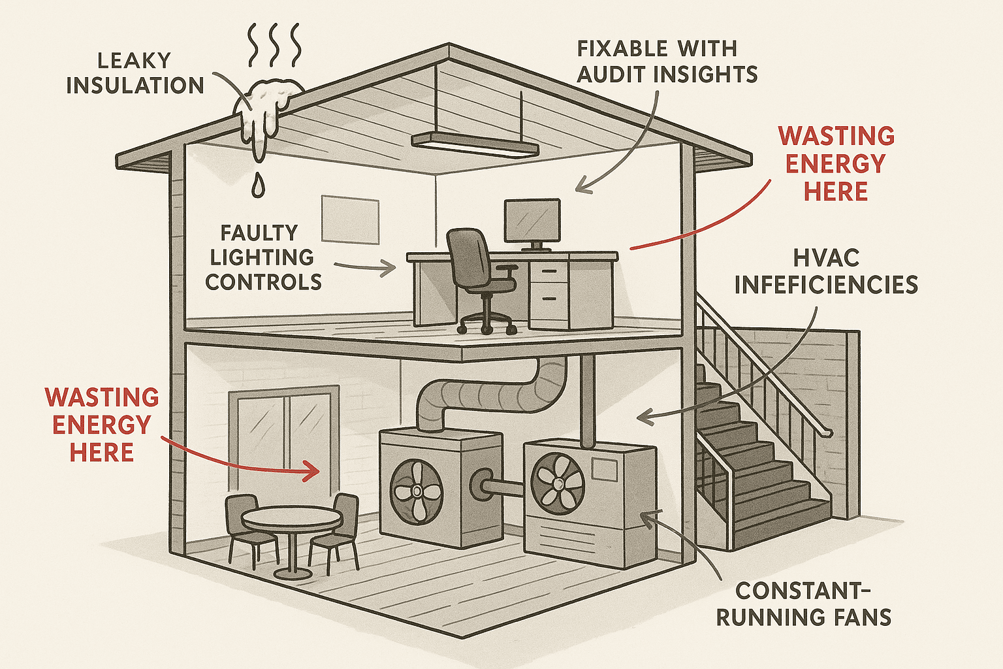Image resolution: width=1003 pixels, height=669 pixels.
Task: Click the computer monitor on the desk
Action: [x=532, y=221]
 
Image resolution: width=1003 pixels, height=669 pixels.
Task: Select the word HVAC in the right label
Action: [x=826, y=258]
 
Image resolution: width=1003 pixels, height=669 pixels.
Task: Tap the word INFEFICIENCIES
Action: [x=826, y=285]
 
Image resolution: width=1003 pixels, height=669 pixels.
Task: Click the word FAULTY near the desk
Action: [x=259, y=233]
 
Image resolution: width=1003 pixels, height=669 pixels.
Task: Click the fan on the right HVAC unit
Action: [x=558, y=483]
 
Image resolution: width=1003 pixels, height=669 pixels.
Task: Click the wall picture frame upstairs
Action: [x=350, y=219]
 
